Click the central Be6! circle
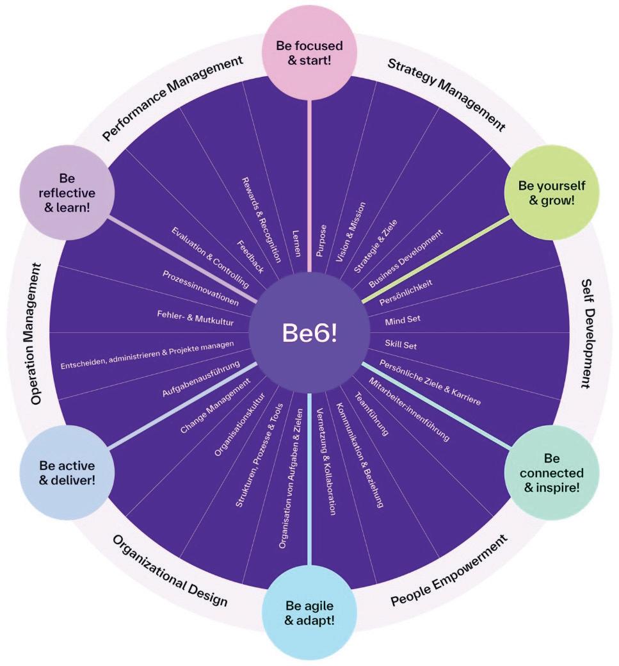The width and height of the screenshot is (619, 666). (310, 333)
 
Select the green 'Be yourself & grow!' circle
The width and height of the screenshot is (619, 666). (552, 191)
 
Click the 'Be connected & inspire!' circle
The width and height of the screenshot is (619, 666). (552, 473)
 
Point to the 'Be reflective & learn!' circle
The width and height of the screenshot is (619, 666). (67, 191)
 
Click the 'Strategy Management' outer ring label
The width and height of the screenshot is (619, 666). (446, 94)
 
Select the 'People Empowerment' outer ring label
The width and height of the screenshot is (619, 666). (449, 571)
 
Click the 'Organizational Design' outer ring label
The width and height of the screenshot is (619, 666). (170, 571)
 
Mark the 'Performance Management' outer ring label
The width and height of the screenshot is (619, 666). (173, 97)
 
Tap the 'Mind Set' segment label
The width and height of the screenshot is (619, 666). (403, 319)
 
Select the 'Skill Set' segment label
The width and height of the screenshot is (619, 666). (401, 345)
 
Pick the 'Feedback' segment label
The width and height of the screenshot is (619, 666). (250, 257)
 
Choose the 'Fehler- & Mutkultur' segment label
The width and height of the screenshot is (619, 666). (195, 317)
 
